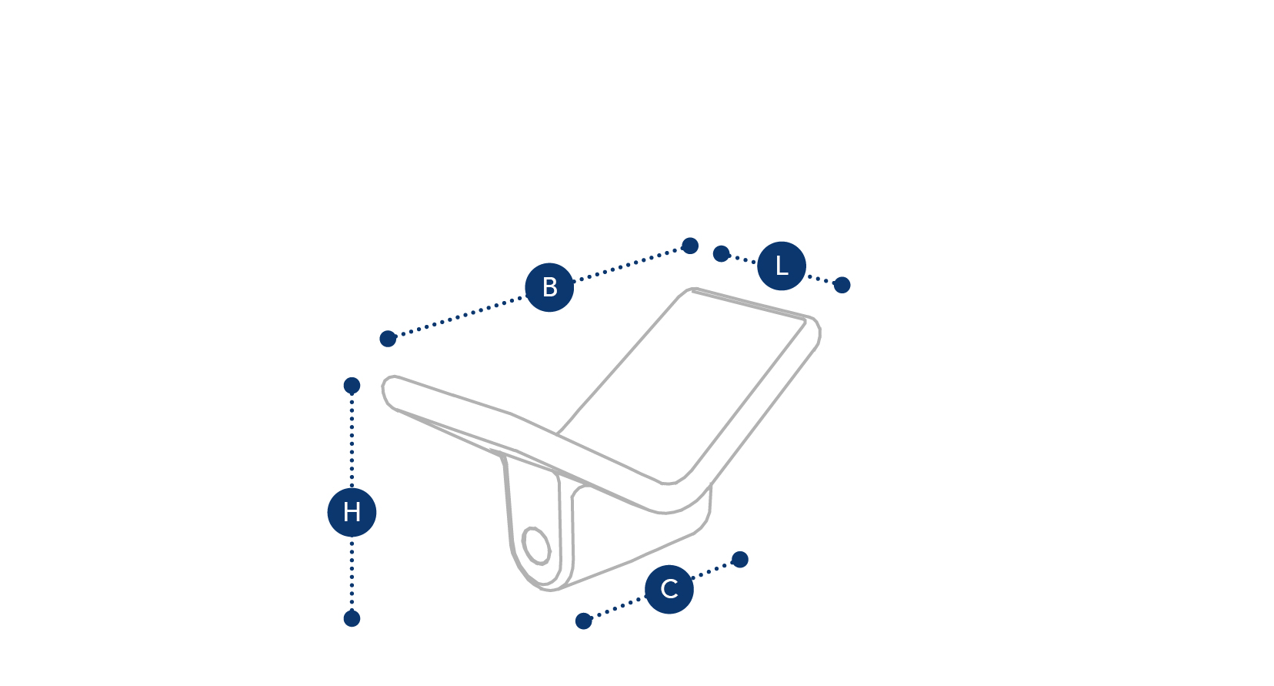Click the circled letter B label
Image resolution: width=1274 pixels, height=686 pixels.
[x=549, y=287]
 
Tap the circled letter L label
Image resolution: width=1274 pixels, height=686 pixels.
[x=782, y=266]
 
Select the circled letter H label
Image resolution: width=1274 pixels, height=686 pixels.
[x=352, y=512]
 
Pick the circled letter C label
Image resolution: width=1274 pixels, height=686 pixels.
[x=669, y=589]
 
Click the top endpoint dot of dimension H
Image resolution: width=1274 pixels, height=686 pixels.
[x=352, y=386]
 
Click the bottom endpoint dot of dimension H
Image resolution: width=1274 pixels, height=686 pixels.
[x=352, y=618]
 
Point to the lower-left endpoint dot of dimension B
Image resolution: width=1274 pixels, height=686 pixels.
[x=388, y=339]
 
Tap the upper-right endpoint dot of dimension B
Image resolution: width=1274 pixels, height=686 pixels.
[x=690, y=246]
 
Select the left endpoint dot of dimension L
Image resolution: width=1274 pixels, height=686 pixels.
[x=721, y=254]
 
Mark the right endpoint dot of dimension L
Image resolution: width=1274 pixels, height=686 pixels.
[x=842, y=285]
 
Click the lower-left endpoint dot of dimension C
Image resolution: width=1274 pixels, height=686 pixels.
[x=584, y=621]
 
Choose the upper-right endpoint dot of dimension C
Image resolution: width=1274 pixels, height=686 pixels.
[x=739, y=560]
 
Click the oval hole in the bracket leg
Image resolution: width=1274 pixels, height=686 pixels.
[x=536, y=546]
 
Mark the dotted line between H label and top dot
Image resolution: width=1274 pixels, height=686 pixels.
[x=352, y=440]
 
